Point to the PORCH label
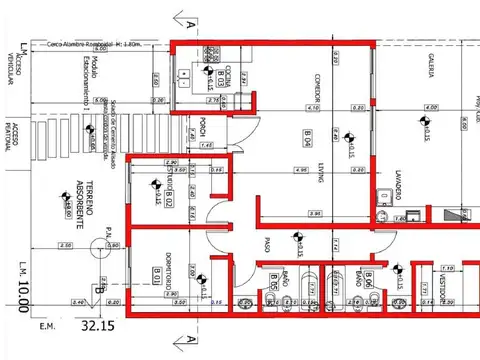click(202, 127)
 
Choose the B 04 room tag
click(309, 139)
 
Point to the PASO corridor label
click(267, 243)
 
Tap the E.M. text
click(46, 326)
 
